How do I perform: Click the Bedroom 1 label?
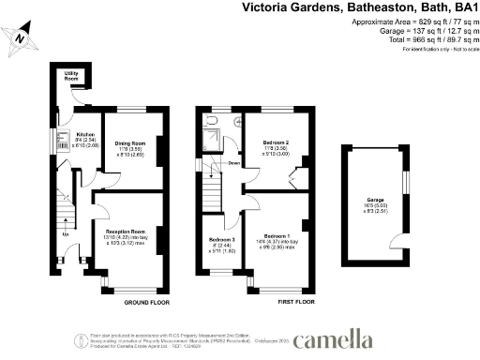point(276,235)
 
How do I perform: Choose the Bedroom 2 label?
point(275,142)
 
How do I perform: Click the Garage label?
point(376,201)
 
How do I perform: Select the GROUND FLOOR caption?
point(146,303)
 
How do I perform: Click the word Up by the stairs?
point(65,233)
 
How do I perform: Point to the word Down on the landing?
point(234,163)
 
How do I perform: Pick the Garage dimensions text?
point(376,210)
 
